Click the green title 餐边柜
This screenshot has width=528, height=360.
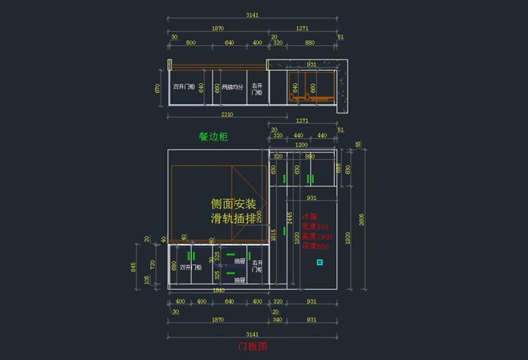(213, 137)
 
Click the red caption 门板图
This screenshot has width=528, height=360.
(253, 346)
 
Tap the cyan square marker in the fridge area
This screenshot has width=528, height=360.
(320, 263)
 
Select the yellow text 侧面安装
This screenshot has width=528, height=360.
(234, 204)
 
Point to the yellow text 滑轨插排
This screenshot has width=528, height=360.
(234, 219)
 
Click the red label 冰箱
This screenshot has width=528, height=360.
(309, 216)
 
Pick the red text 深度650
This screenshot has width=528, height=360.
(315, 246)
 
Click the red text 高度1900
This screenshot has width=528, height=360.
(315, 236)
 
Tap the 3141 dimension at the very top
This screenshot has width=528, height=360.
(253, 15)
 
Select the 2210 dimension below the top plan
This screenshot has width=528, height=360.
(227, 114)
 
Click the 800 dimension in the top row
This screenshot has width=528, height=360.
(190, 43)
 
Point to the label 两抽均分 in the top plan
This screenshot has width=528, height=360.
(232, 87)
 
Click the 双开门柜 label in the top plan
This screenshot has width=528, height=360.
(184, 87)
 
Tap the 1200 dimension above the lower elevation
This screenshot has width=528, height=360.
(301, 144)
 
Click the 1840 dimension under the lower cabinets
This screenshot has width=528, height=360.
(219, 290)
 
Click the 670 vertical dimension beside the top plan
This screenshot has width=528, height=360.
(158, 88)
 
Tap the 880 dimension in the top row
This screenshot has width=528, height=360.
(310, 43)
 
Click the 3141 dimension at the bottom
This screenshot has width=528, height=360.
(253, 334)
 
